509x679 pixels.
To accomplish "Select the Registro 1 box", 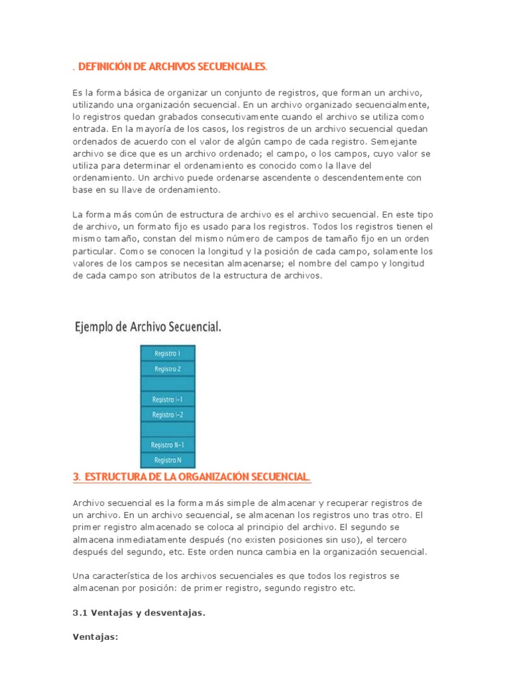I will coord(168,353).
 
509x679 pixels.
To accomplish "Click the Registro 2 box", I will coord(168,369).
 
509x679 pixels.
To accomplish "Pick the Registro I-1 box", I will coord(168,399).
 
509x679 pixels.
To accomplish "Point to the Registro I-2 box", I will coord(168,414).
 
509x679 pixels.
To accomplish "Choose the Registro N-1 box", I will coord(168,445).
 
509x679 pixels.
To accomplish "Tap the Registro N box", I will coord(168,460).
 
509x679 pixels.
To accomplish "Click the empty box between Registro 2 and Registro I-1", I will coord(168,384).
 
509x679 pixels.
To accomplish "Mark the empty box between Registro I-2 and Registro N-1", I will coord(168,430).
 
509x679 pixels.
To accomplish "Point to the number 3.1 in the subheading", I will coord(80,613).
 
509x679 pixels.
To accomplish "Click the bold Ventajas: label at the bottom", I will coord(95,637).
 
